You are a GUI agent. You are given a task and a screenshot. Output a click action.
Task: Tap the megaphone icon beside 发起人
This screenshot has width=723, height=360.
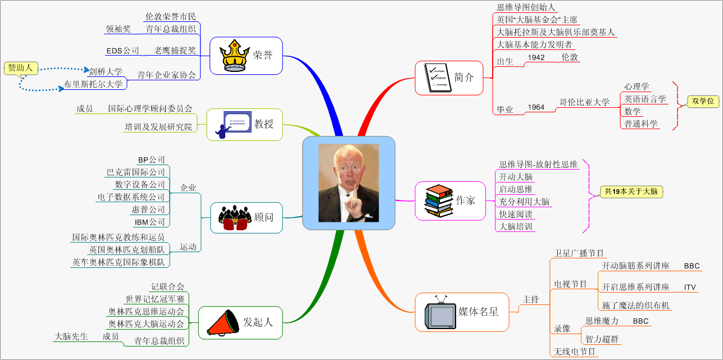222,322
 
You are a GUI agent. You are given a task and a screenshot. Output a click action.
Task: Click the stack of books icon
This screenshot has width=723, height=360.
438,200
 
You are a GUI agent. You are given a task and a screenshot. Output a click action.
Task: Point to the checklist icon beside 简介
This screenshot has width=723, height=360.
438,78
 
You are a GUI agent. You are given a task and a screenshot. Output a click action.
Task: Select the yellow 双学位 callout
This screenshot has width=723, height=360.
703,101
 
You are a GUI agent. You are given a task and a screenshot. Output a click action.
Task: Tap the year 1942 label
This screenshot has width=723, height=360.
536,57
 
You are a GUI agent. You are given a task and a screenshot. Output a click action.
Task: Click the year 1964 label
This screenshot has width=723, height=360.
536,107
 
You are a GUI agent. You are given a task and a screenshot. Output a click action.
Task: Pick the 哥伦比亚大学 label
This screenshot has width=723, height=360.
584,102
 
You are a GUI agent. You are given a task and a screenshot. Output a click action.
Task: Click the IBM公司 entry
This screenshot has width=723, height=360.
150,222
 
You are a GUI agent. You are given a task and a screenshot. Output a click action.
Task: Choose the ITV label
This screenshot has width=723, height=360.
690,287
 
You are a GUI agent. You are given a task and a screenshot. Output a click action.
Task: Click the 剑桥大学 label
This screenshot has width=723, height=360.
106,71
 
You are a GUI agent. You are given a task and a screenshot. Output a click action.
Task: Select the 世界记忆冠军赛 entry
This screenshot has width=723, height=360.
155,299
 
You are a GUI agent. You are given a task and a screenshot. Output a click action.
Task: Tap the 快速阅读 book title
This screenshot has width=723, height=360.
516,214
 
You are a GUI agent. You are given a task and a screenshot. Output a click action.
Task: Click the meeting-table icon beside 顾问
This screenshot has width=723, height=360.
234,217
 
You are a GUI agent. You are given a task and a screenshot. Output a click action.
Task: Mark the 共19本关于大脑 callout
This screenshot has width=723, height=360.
631,191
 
